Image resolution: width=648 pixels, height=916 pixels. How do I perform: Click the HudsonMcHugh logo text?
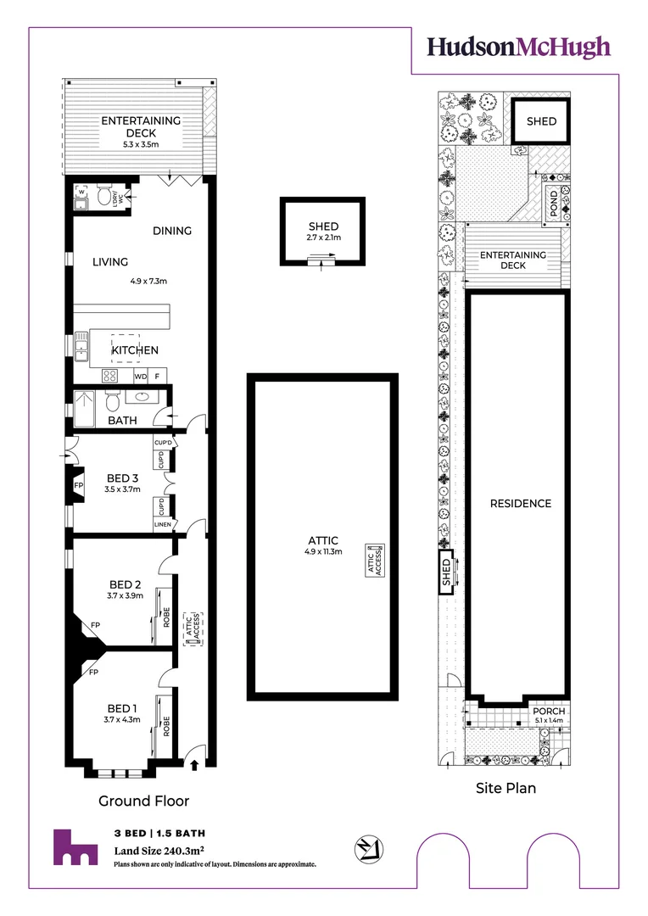click(518, 47)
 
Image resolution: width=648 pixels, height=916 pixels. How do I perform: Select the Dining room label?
click(172, 231)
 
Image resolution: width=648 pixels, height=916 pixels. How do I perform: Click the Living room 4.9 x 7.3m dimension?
click(149, 281)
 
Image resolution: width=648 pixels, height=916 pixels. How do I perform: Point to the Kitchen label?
click(135, 350)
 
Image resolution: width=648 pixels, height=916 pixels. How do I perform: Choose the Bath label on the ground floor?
click(122, 421)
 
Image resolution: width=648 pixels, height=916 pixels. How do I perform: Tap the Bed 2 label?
click(125, 584)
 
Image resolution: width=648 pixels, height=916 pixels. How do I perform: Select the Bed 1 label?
click(121, 708)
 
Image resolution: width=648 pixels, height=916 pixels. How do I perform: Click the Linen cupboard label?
click(163, 525)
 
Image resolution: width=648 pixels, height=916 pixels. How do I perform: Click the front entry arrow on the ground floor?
click(195, 765)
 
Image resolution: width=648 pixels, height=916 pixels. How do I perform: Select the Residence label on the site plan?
click(521, 504)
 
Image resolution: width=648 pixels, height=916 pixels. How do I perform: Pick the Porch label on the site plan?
click(549, 711)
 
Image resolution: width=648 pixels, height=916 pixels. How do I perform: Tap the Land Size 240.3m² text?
click(161, 851)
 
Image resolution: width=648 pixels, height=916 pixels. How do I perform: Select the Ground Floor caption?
click(144, 801)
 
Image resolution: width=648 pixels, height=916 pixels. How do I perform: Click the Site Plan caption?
click(506, 788)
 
